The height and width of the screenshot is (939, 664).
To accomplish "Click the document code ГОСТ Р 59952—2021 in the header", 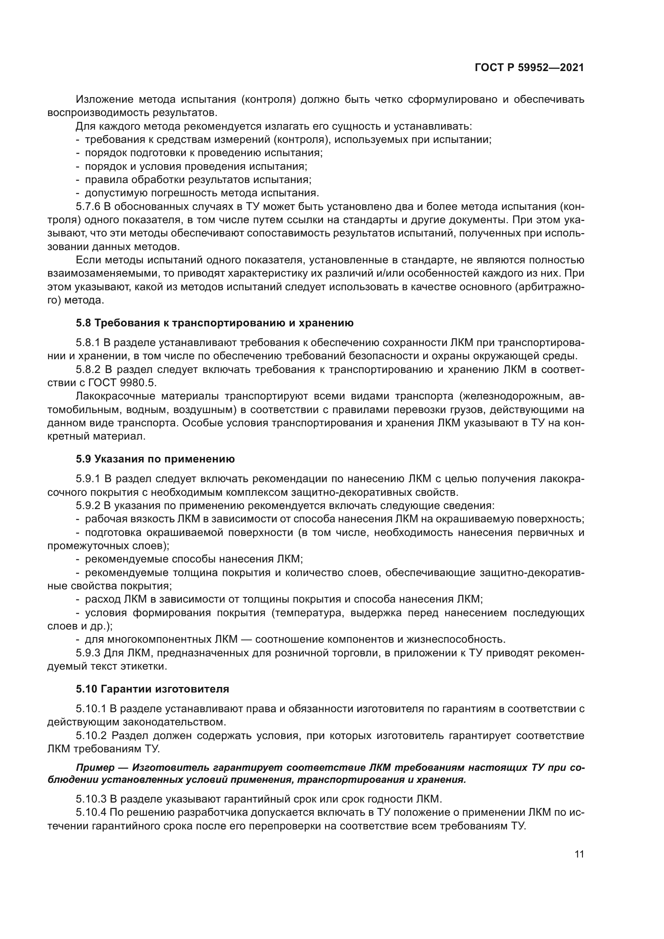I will (529, 68).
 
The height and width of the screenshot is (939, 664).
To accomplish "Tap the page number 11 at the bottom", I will (579, 854).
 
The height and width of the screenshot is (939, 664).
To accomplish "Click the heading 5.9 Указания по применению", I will (155, 459).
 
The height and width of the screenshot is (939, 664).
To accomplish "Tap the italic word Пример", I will (95, 768).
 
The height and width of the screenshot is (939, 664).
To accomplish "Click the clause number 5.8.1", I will (88, 343).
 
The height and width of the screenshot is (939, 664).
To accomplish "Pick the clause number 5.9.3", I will (88, 653).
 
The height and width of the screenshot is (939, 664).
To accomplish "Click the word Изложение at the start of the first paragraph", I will (105, 100).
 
